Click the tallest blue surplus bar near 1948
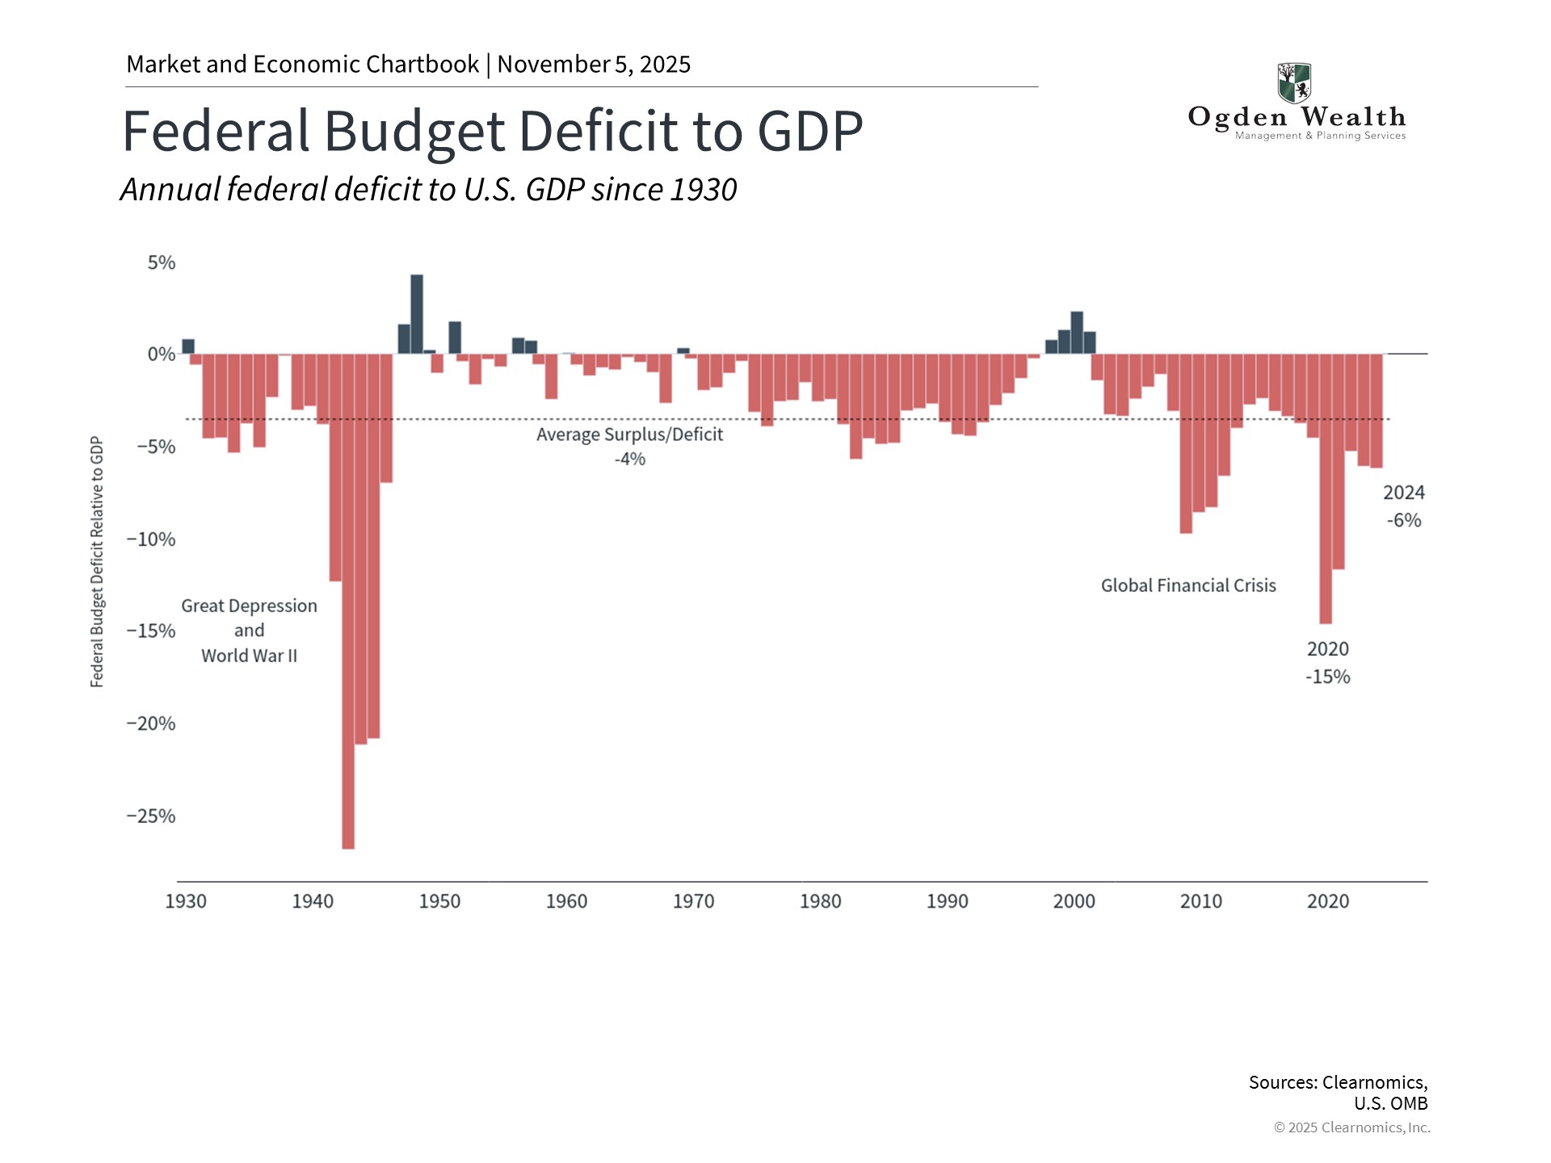tap(417, 315)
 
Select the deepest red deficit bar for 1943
tap(348, 602)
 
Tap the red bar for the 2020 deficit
tap(1326, 489)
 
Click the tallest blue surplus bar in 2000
tap(1077, 333)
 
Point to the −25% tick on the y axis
tap(151, 816)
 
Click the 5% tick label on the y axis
tap(161, 262)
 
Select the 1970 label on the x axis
tap(693, 901)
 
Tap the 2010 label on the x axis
tap(1200, 901)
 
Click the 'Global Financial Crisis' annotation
tap(1188, 586)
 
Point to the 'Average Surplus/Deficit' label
tap(629, 435)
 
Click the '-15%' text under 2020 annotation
tap(1327, 677)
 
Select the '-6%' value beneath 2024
tap(1404, 520)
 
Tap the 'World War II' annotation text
tap(249, 656)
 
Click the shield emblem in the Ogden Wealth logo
tap(1294, 82)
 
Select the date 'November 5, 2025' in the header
tap(594, 65)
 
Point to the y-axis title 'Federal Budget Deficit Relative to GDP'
tap(97, 561)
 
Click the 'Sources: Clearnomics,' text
tap(1338, 1082)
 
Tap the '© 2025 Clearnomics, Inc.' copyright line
tap(1351, 1127)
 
